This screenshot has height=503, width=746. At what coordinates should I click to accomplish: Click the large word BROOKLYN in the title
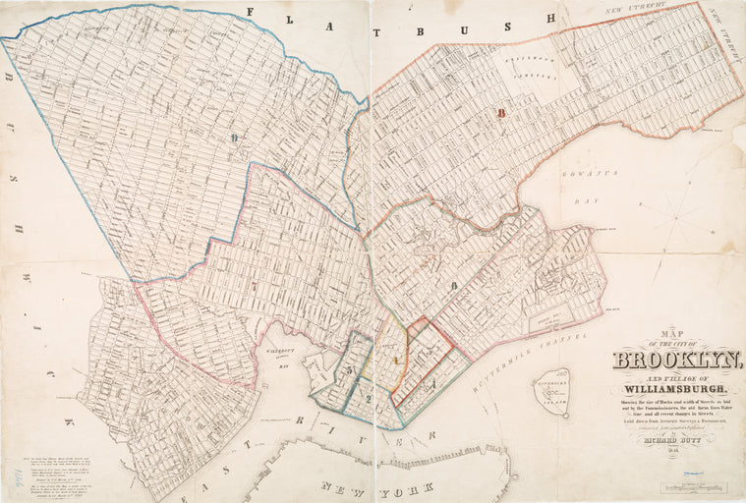tap(677, 360)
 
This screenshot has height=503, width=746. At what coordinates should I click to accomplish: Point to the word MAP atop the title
tap(649, 332)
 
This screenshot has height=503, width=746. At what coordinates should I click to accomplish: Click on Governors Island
tap(552, 392)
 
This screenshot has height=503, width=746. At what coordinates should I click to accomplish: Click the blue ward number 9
tap(234, 139)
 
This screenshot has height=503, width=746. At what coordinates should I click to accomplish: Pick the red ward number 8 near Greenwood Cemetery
tap(500, 114)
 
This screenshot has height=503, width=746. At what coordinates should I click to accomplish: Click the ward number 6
tap(454, 286)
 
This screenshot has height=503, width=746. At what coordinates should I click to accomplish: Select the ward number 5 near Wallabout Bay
tap(348, 369)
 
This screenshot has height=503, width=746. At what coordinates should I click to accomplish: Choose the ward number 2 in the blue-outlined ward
tap(367, 399)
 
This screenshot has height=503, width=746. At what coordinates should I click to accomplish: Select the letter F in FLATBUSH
tap(250, 12)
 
